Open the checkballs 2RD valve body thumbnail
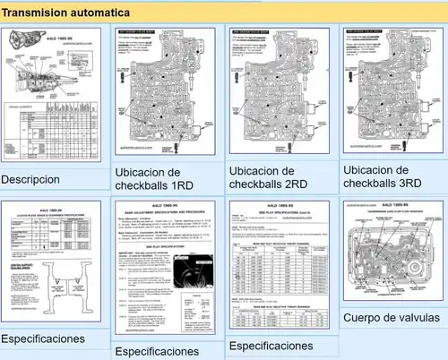(x=277, y=90)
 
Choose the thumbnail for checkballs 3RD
(x=392, y=90)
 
